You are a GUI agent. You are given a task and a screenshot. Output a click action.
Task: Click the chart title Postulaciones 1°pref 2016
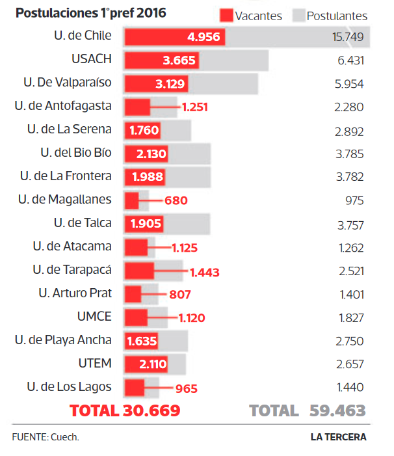90,13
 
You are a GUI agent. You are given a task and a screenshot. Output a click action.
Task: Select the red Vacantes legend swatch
226,15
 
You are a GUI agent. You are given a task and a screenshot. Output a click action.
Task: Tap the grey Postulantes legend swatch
298,15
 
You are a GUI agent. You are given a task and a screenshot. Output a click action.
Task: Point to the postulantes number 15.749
347,37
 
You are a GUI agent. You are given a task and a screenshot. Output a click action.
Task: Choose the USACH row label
92,59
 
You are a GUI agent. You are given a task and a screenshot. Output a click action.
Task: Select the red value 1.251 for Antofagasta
195,107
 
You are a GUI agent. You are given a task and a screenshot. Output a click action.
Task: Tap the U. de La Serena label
70,129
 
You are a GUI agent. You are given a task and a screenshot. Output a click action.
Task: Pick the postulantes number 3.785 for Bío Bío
349,154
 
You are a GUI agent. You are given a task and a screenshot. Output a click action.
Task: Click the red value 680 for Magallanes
176,200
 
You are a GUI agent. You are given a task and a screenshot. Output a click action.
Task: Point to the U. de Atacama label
72,247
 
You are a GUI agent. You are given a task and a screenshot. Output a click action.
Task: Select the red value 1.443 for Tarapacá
205,271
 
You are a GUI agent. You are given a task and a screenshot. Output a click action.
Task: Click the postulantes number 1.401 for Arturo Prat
351,295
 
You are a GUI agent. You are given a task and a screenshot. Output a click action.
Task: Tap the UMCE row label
94,317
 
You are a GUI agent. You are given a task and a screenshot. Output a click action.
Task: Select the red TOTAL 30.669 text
125,410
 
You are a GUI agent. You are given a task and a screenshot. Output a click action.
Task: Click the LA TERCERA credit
338,437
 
